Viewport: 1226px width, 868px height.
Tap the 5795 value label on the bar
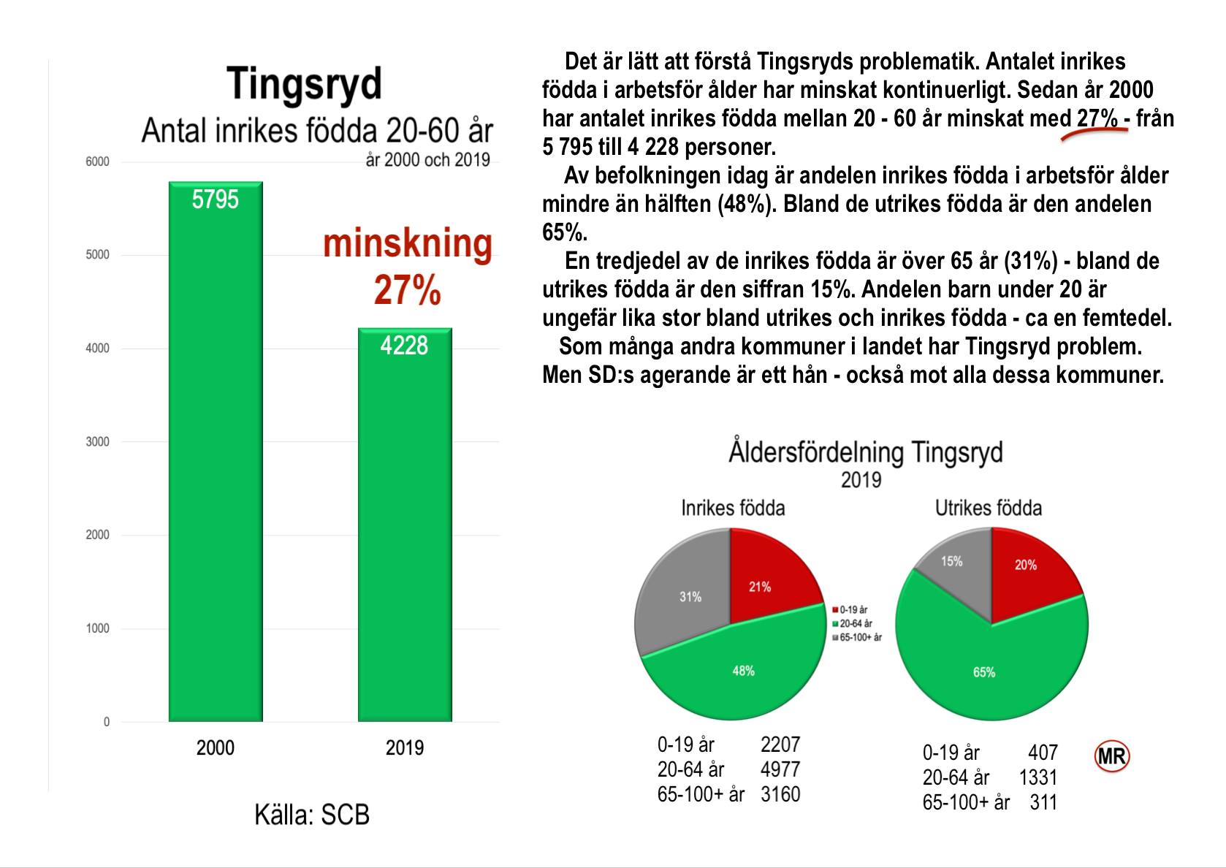click(216, 199)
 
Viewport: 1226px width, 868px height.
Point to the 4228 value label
click(404, 346)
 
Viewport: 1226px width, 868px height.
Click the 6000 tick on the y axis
click(98, 161)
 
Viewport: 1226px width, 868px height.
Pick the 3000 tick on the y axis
click(98, 441)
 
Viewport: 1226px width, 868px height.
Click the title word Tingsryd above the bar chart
click(304, 84)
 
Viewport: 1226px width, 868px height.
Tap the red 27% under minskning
click(407, 291)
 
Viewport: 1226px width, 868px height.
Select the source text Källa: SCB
click(312, 815)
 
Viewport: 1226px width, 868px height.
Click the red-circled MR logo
click(1111, 757)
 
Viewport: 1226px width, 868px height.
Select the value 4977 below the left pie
click(780, 769)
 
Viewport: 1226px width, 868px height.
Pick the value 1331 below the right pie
click(1037, 777)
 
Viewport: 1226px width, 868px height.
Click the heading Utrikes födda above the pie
click(989, 508)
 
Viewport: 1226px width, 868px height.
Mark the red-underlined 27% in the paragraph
click(1097, 118)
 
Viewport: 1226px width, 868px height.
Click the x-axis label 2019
click(405, 747)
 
